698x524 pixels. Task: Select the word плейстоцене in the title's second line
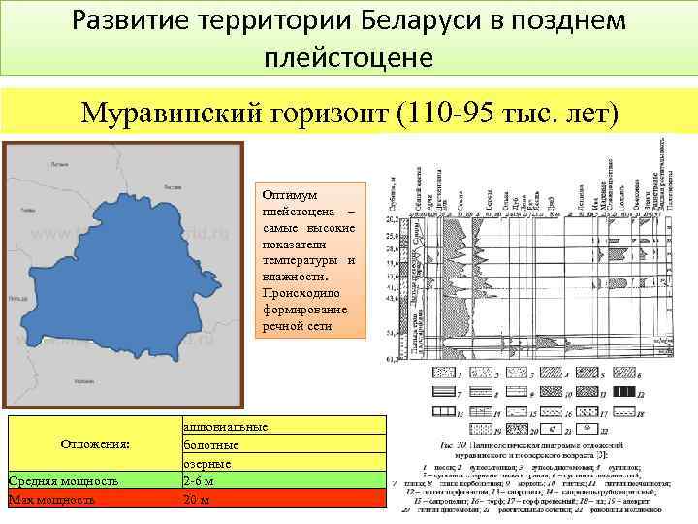coord(348,57)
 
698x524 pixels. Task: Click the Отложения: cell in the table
coord(94,444)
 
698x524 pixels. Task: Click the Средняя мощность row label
coord(63,481)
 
